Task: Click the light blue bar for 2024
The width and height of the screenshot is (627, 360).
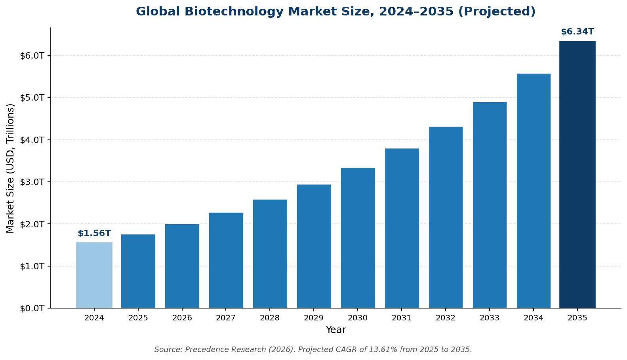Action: [94, 275]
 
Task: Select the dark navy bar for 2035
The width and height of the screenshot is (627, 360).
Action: [577, 174]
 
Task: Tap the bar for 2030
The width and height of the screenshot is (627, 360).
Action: [358, 238]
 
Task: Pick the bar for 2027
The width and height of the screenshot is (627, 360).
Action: [226, 260]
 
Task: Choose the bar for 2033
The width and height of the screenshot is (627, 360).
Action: [490, 205]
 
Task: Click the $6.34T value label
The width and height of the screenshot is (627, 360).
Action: [577, 32]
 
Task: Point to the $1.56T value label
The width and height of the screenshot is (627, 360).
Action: [94, 233]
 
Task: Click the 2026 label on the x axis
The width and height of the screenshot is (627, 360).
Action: [182, 318]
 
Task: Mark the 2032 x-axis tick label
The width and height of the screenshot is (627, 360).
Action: [446, 318]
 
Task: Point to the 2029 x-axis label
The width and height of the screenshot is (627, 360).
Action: [314, 318]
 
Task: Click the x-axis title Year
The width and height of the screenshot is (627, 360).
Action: [335, 330]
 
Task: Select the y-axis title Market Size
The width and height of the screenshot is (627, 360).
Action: [11, 168]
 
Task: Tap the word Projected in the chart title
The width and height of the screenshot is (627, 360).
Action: [501, 11]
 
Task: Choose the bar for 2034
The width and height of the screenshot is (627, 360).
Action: [534, 190]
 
